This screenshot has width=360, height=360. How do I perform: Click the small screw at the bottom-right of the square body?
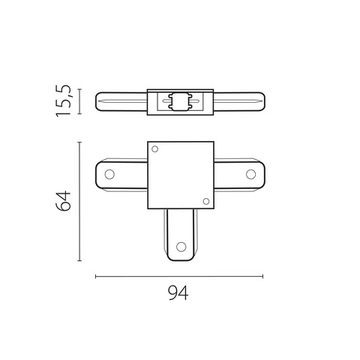pos(204,203)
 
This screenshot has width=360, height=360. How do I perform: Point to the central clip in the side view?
pos(181,102)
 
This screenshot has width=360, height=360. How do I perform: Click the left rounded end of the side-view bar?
pos(97,102)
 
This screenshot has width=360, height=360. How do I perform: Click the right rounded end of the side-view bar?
pos(267,102)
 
